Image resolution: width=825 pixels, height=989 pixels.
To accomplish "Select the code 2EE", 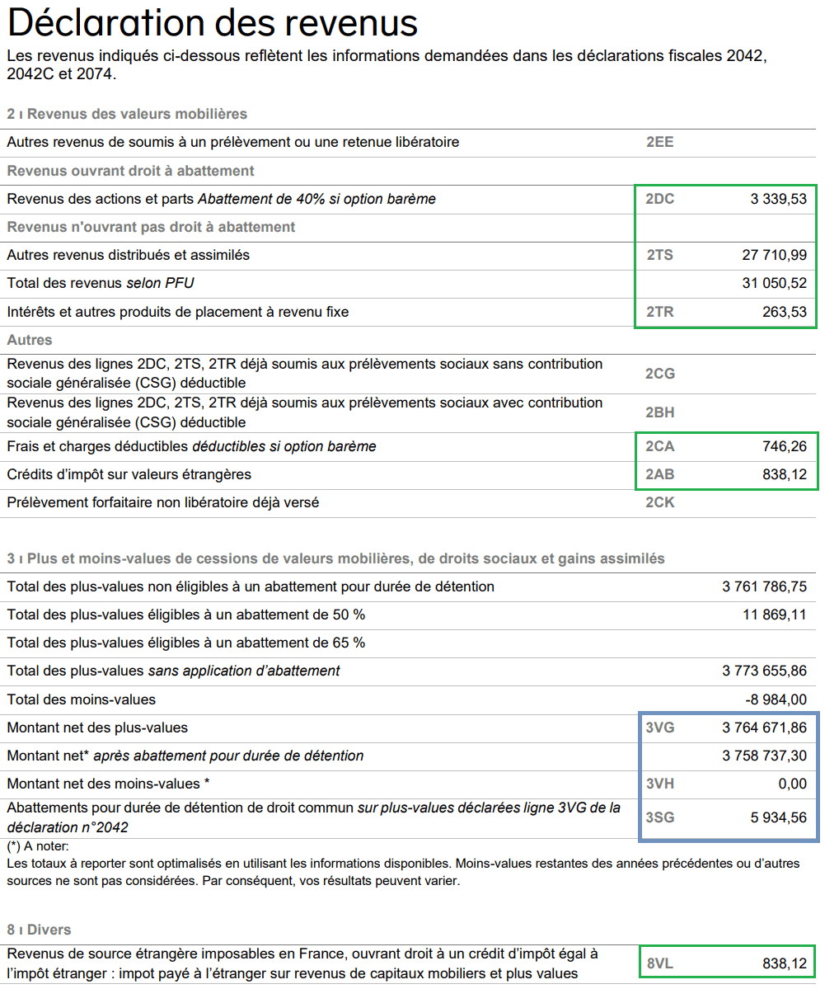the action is (x=659, y=142).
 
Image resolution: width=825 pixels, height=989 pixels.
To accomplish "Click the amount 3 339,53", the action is (x=778, y=199).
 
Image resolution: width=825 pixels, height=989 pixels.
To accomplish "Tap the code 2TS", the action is (x=659, y=255).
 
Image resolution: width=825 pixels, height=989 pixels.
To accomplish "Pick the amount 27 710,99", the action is (x=774, y=255).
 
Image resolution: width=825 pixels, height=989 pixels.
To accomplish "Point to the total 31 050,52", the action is (x=774, y=284).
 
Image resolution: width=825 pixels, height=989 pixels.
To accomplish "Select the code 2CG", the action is (x=660, y=374).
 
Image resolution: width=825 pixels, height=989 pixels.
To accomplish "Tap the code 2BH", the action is (x=660, y=412).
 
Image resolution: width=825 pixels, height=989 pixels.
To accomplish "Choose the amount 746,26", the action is (x=784, y=446).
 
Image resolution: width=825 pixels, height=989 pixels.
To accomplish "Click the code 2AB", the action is (x=660, y=474).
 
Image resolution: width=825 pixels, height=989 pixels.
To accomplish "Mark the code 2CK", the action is (x=660, y=502).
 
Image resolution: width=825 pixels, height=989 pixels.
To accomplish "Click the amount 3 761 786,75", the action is (x=764, y=586).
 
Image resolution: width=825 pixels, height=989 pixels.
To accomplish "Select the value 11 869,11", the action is (x=774, y=615).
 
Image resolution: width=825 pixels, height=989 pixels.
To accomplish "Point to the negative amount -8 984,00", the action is (x=776, y=699).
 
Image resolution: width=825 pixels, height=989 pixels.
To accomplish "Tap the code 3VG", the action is (x=660, y=728).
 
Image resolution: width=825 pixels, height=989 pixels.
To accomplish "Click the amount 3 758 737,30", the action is (x=764, y=756).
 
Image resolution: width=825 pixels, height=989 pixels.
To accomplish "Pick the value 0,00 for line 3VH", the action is (x=792, y=784).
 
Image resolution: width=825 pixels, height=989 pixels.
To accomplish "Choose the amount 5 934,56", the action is (x=778, y=817).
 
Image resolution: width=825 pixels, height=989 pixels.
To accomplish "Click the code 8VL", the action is (x=659, y=963).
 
